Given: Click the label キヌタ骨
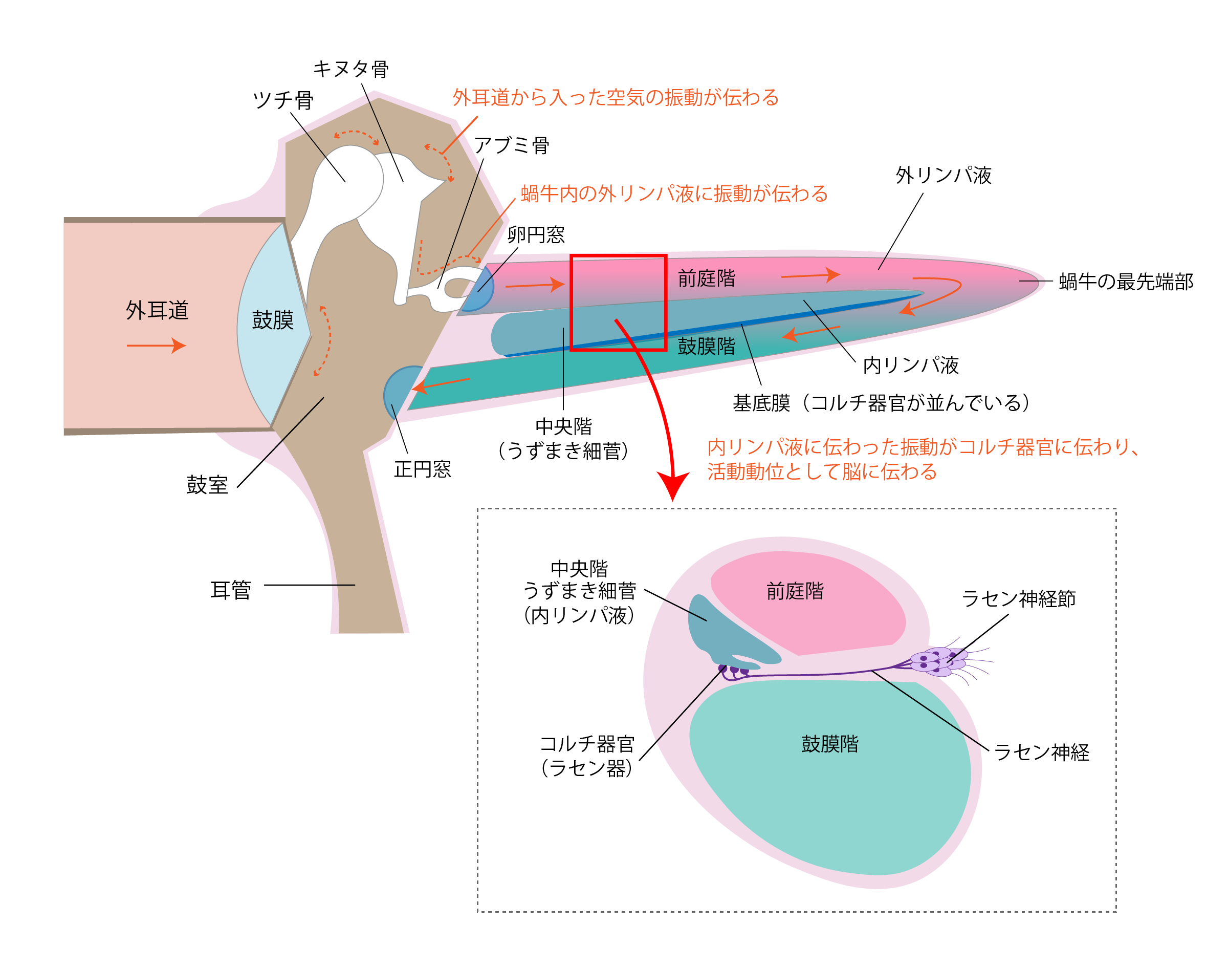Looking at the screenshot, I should click(350, 69).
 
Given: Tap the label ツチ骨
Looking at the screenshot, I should click(282, 100).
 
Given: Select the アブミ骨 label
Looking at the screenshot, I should click(512, 146).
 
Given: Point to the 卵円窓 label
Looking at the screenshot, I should click(536, 234).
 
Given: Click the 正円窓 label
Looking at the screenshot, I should click(423, 469).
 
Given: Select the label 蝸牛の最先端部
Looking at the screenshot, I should click(1126, 282).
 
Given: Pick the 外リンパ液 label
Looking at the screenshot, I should click(944, 175).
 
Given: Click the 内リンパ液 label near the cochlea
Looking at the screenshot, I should click(911, 365).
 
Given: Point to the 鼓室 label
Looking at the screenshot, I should click(207, 485).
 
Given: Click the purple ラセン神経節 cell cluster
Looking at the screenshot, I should click(937, 661).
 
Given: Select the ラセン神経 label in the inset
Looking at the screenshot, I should click(1041, 752).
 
